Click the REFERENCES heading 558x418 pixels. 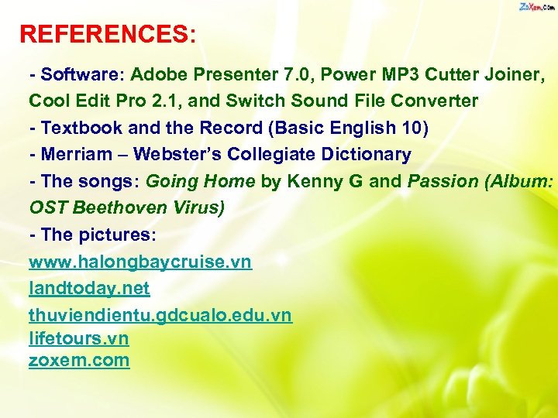point(108,34)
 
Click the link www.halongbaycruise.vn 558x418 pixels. point(140,262)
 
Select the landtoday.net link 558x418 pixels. point(89,289)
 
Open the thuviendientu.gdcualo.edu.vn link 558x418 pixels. point(160,315)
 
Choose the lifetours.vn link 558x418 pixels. point(78,338)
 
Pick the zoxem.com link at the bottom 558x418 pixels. point(79,360)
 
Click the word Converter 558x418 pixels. point(435,101)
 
